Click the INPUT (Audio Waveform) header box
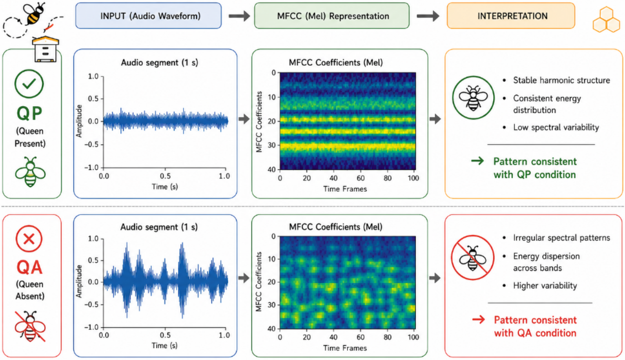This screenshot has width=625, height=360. pos(149,16)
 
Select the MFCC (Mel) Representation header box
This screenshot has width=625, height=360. pos(332,16)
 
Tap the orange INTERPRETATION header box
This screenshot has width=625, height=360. pos(511,16)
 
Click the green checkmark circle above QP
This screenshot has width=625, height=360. pos(29,84)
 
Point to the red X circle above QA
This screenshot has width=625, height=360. pos(29,239)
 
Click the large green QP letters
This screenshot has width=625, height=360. pos(29,113)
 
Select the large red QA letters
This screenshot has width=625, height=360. pos(29,267)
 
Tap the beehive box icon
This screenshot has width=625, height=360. pos(46,49)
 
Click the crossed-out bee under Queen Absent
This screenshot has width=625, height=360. pos(30,326)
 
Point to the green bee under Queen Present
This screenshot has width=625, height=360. pos(30,172)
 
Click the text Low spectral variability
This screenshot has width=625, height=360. pos(556,127)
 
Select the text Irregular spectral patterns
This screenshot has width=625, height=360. pos(562,238)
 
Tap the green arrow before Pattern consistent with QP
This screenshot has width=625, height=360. pos(477,161)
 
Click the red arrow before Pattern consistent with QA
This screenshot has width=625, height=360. pos(478,319)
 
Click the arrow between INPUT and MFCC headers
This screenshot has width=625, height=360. pos(239,16)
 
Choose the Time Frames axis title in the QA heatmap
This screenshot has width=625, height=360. pos(345,348)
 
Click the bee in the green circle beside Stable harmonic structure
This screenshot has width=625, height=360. pos(473,98)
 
